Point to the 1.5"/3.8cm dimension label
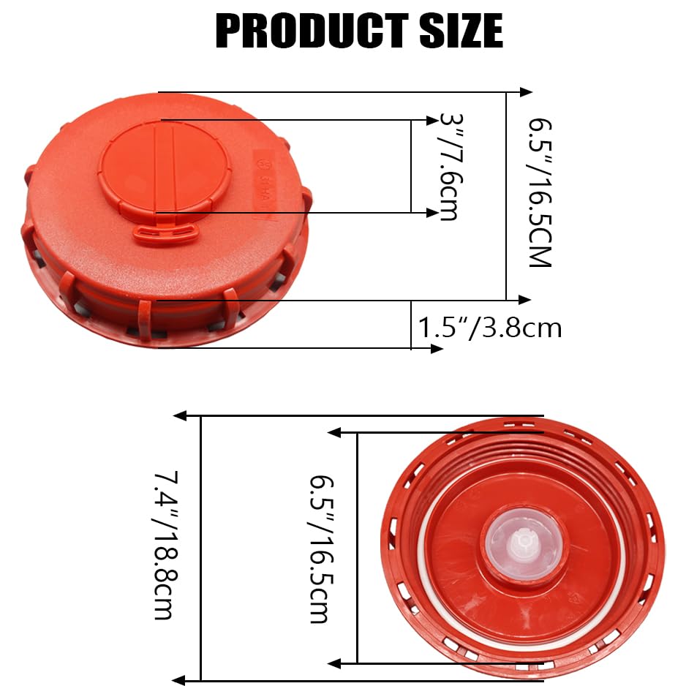[489, 327]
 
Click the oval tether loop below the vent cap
[166, 233]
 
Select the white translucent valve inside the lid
[524, 544]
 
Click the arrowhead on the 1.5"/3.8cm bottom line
[437, 348]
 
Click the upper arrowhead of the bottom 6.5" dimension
[335, 432]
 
